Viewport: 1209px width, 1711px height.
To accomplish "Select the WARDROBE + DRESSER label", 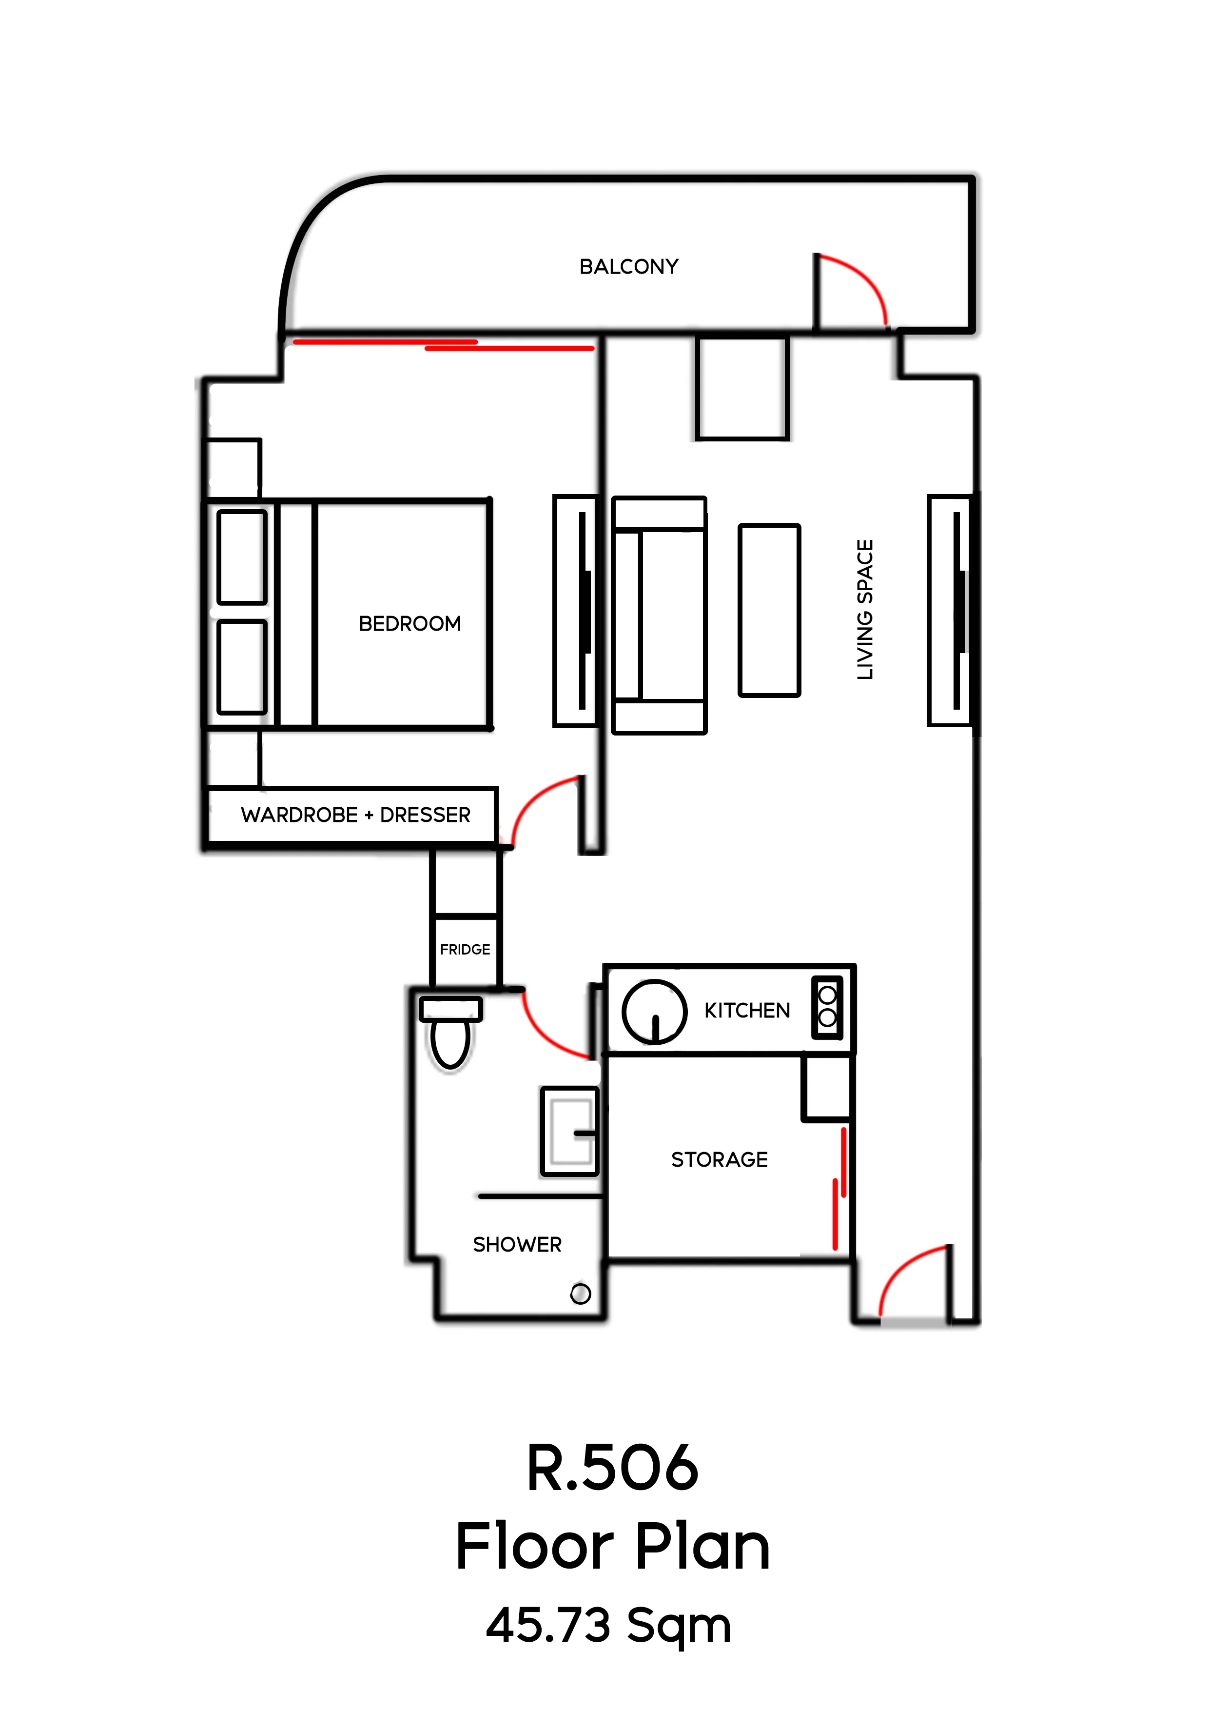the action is click(355, 815).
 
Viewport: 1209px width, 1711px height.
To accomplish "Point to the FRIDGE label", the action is click(465, 950).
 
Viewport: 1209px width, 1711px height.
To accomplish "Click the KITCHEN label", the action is click(747, 1011).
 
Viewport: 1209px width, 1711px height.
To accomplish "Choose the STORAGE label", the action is click(719, 1159).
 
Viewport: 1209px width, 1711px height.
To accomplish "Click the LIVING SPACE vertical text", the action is click(865, 610).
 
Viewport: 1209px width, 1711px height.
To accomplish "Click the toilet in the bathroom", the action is click(450, 1032).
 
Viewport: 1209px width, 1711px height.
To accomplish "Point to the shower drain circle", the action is click(580, 1293).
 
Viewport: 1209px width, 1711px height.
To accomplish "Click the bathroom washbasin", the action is click(570, 1131).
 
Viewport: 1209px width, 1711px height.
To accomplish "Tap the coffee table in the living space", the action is click(769, 610).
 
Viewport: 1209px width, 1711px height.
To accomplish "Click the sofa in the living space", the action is click(659, 616).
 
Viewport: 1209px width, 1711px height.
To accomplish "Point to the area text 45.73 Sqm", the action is click(608, 1625).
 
